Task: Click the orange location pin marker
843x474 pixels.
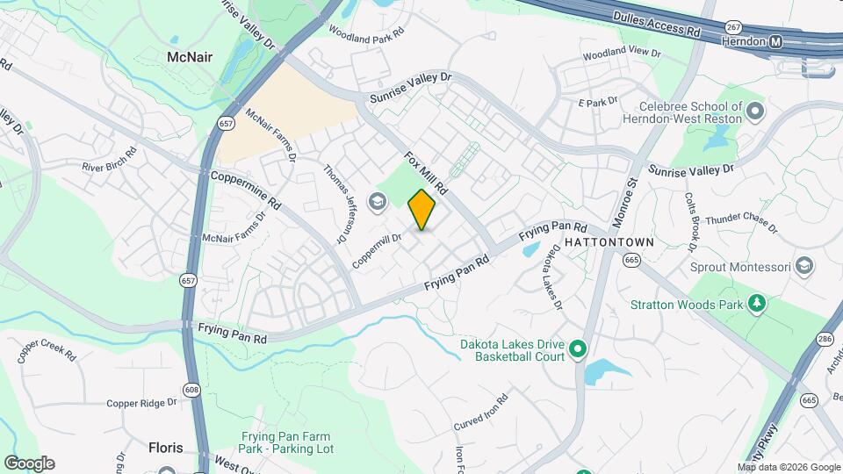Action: (421, 210)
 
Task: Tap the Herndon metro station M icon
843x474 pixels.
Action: (775, 42)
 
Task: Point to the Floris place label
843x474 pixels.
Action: (165, 446)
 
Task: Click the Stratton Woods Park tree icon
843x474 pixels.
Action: (756, 304)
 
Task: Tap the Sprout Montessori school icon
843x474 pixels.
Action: (803, 266)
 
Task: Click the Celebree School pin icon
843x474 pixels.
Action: (755, 111)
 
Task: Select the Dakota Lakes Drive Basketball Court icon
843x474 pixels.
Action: (578, 350)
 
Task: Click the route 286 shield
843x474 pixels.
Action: (824, 339)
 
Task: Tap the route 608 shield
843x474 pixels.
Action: (192, 390)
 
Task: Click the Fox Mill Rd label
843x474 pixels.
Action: (427, 173)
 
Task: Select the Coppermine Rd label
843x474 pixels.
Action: (246, 188)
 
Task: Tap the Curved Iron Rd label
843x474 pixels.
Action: (482, 413)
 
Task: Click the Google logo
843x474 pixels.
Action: (29, 463)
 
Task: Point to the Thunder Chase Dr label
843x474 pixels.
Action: (742, 225)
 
